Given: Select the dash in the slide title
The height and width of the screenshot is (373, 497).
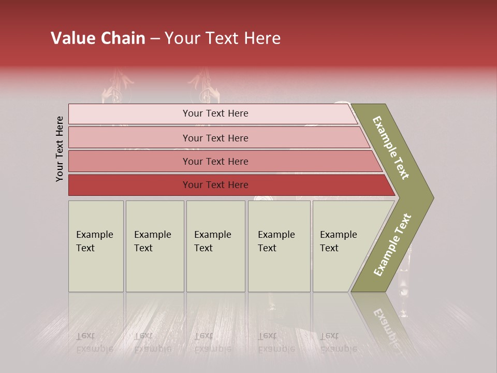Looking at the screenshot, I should click(x=155, y=39).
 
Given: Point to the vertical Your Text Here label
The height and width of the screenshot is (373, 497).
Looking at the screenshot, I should click(x=60, y=149).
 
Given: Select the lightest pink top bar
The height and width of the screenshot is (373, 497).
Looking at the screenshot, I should click(x=215, y=113).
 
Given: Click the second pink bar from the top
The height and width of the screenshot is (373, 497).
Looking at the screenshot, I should click(x=215, y=138).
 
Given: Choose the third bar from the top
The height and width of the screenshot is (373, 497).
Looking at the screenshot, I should click(x=215, y=161).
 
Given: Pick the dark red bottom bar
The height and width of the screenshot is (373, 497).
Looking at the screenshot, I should click(x=215, y=185).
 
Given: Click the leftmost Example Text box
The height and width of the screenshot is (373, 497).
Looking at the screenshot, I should click(x=96, y=246).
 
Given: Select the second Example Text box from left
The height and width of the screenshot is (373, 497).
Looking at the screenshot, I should click(x=154, y=246).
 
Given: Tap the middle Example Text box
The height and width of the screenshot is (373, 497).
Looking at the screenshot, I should click(x=215, y=246).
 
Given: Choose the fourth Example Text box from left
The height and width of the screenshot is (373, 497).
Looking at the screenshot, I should click(x=279, y=246).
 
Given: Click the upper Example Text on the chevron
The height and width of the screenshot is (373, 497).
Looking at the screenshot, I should click(x=391, y=148).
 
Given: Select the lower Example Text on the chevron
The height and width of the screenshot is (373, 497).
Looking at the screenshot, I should click(x=392, y=245).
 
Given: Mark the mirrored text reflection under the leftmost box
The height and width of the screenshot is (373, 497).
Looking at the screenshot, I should click(x=94, y=342).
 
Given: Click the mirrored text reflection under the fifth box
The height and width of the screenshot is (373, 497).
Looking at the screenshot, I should click(x=338, y=342).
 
